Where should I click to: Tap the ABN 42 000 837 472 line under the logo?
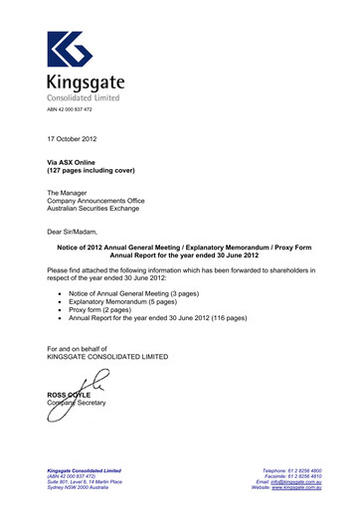(x=71, y=110)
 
